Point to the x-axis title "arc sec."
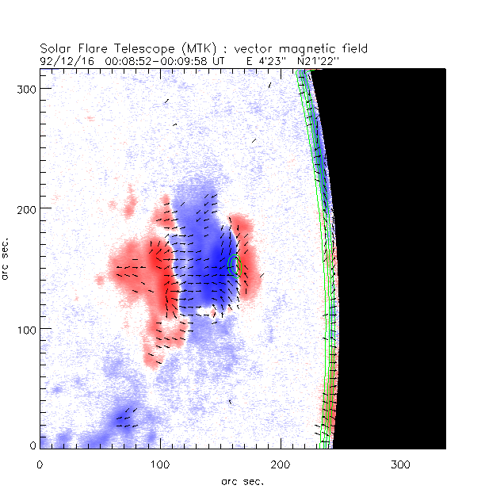pyautogui.click(x=242, y=480)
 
